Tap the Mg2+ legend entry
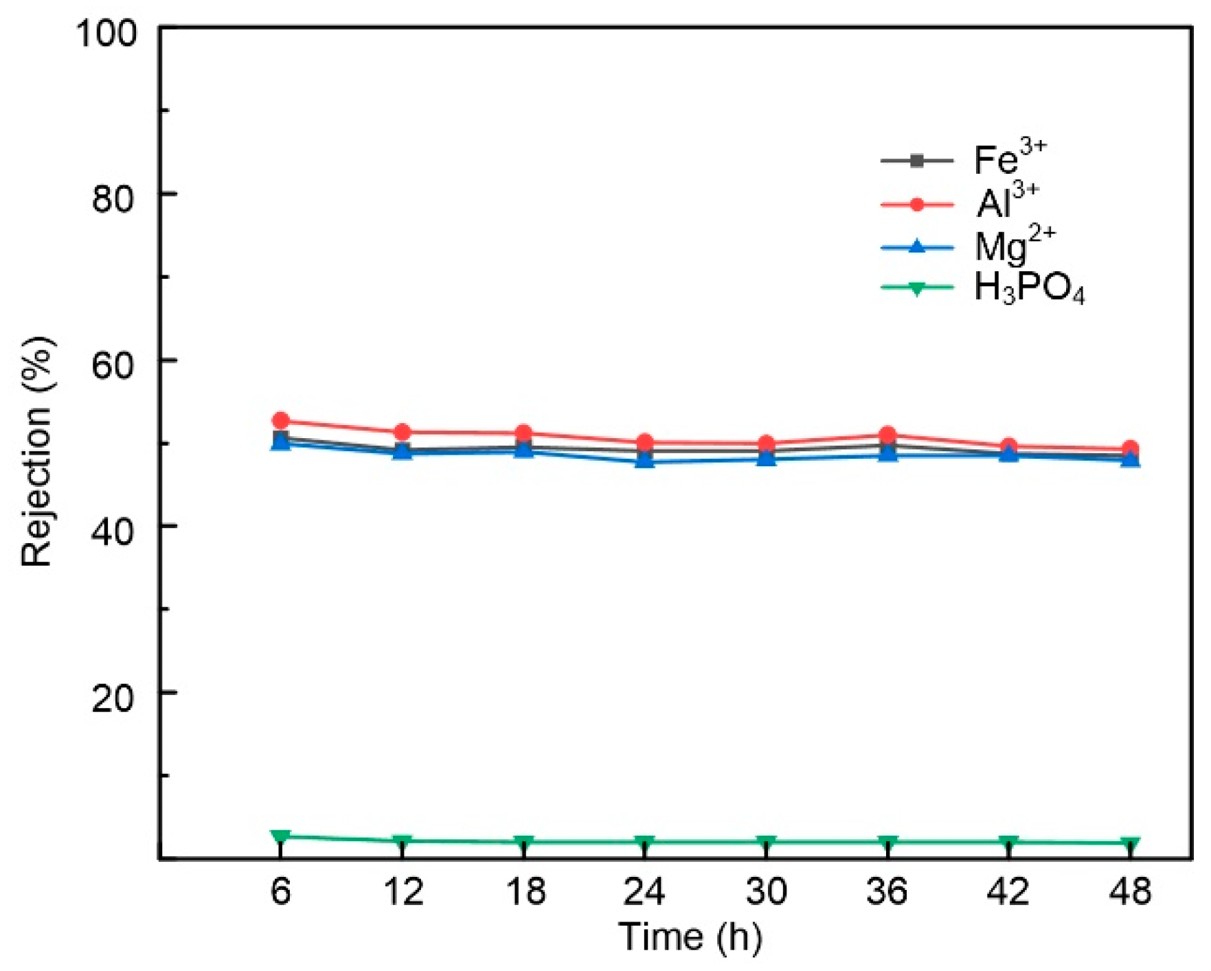[1014, 246]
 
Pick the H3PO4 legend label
[1029, 288]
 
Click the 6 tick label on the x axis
[280, 892]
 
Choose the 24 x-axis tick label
[644, 892]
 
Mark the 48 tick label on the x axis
[1131, 892]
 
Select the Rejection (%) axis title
[38, 452]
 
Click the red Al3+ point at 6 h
[280, 421]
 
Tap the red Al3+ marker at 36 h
[887, 435]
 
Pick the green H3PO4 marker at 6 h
[280, 836]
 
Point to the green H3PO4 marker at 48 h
[1131, 843]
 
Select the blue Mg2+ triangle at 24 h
[644, 461]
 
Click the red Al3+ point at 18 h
[523, 433]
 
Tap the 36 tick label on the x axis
[887, 892]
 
